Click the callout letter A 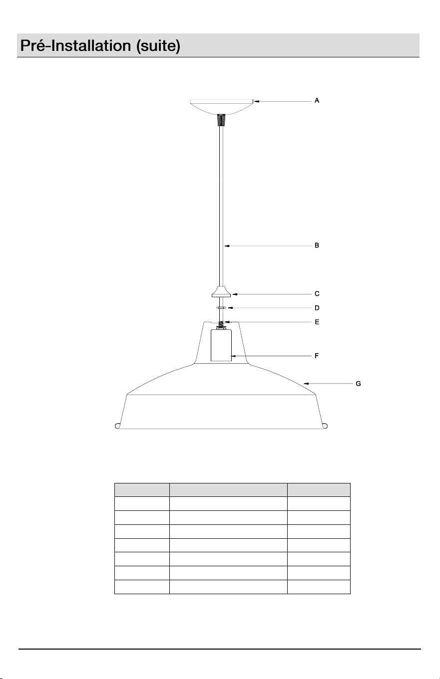(317, 100)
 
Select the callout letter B (317, 245)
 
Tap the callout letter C (317, 294)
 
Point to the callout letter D (317, 308)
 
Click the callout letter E (317, 322)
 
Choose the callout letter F (317, 356)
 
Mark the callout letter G (359, 384)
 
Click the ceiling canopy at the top (222, 106)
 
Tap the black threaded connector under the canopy (222, 120)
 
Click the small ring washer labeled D (221, 308)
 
